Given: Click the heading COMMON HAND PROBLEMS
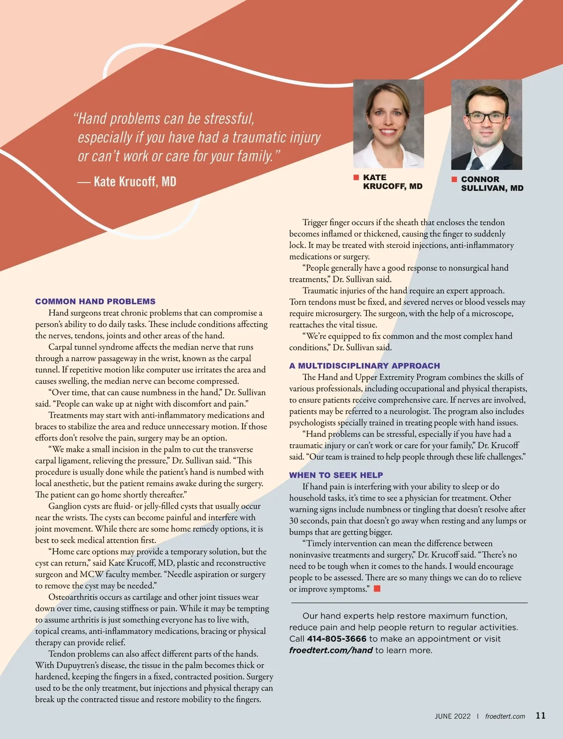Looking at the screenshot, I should click(x=95, y=301).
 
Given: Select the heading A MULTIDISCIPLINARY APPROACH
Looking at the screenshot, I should click(x=365, y=366).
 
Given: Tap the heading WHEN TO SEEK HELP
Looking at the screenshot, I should click(x=336, y=475).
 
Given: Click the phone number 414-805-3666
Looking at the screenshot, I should click(x=336, y=639).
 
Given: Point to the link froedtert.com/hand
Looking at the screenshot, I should click(x=331, y=650).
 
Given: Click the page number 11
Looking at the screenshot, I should click(x=540, y=716).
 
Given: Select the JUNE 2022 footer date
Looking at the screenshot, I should click(x=452, y=716).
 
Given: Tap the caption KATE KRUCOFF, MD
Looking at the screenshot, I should click(x=392, y=182).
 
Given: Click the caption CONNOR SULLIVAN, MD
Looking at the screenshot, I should click(x=492, y=183).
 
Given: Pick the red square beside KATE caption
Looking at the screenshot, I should click(x=356, y=177).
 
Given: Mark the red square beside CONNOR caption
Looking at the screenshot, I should click(x=454, y=179).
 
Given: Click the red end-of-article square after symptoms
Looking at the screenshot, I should click(x=377, y=588).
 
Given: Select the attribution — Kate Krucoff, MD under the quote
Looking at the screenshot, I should click(x=127, y=182).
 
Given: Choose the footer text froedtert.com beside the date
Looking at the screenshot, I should click(x=505, y=716).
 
